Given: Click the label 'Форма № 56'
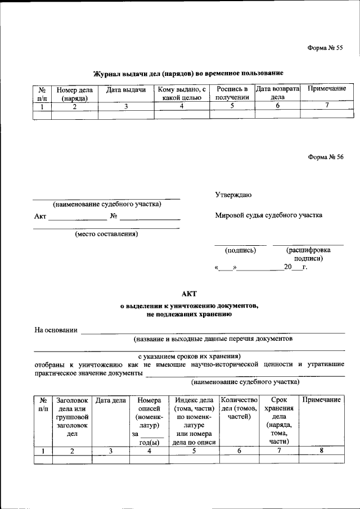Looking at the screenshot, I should (325, 157).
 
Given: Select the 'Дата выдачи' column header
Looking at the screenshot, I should (126, 90).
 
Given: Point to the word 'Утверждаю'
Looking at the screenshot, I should (233, 195).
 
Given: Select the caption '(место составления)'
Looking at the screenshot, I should (106, 234).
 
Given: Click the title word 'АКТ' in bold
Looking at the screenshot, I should (189, 293).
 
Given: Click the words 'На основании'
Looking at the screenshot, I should (56, 330).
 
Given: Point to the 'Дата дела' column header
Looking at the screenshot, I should (111, 400).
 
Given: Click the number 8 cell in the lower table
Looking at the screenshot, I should (321, 451).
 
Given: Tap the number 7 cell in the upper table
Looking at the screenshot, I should (326, 106).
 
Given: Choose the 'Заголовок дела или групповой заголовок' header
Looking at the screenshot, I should (72, 417).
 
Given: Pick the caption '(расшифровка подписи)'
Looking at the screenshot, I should (308, 254).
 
